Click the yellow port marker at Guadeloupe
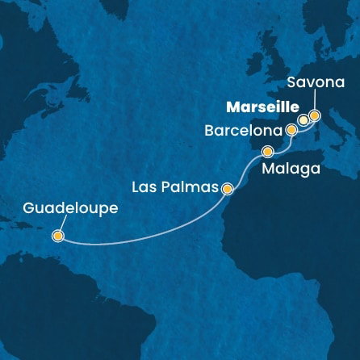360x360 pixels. coord(57,237)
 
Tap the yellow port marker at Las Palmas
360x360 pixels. coord(228,190)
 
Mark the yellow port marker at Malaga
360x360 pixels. coord(267,150)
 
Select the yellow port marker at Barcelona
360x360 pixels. coord(291,128)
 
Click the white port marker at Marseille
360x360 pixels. coord(303,120)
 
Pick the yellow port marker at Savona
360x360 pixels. coord(314,115)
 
